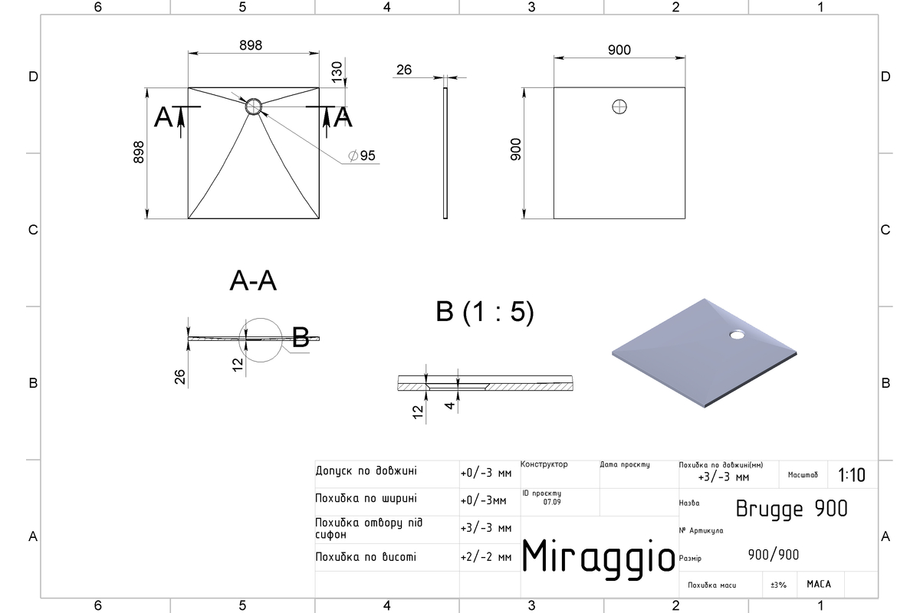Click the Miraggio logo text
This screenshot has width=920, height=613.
[598, 558]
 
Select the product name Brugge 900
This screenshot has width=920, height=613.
[791, 510]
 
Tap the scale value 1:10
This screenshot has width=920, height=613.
[852, 475]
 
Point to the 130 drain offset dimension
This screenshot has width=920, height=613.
[337, 72]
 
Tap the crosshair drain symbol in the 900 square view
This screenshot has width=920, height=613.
[619, 107]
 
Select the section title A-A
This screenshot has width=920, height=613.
[253, 281]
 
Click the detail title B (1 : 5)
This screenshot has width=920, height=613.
[485, 312]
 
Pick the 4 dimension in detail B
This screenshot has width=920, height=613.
[450, 405]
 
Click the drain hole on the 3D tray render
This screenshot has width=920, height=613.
[737, 335]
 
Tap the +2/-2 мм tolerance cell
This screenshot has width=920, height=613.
[486, 557]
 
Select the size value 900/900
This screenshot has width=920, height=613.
[774, 555]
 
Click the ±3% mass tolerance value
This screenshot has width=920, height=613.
[778, 585]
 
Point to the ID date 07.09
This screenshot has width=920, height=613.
[552, 502]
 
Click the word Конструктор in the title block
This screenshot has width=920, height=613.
[544, 464]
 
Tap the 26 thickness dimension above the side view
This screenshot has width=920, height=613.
[404, 70]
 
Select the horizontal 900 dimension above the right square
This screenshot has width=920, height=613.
[619, 50]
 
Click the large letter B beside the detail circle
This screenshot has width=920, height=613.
[301, 337]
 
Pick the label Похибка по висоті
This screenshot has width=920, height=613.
[366, 557]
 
